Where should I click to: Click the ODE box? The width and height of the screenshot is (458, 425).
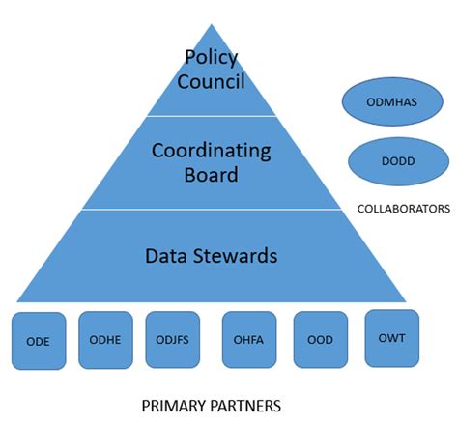[x=40, y=341]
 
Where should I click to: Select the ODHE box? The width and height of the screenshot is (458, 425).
[x=104, y=340]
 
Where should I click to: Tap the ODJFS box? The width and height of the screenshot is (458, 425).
[x=172, y=340]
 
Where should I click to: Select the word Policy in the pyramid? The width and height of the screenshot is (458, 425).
[x=210, y=57]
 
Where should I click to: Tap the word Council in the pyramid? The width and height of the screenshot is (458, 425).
[x=211, y=82]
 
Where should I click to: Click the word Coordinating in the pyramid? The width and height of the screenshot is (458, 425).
[x=211, y=151]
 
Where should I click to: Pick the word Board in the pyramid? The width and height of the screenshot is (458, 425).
[x=211, y=176]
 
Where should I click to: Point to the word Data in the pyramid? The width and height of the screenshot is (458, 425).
[x=165, y=256]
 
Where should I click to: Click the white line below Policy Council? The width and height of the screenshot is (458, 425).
[x=211, y=116]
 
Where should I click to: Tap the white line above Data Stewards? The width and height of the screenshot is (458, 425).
[x=211, y=209]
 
